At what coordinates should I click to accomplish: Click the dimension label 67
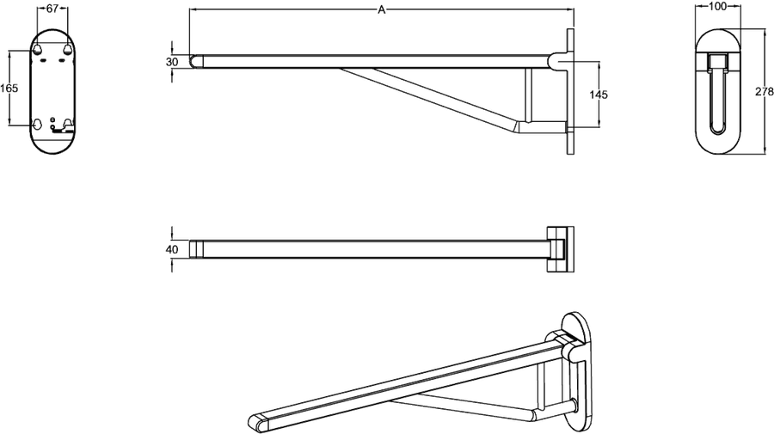click(x=52, y=8)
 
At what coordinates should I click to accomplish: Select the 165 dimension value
click(x=9, y=89)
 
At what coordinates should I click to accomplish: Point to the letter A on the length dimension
click(x=381, y=9)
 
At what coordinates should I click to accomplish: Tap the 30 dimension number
click(x=172, y=62)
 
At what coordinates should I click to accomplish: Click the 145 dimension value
click(x=599, y=95)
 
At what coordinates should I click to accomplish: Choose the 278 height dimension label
click(x=765, y=91)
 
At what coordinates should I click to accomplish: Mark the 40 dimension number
click(x=172, y=249)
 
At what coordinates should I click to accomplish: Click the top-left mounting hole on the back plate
click(x=38, y=49)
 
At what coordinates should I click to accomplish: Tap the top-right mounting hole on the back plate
click(x=68, y=49)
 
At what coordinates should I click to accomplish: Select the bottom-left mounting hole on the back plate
click(x=38, y=124)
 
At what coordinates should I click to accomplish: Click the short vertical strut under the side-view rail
click(x=529, y=95)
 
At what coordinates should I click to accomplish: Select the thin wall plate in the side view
click(x=571, y=92)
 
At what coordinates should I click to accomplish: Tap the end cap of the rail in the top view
click(x=196, y=249)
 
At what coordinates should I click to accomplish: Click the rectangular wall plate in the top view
click(x=560, y=249)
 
